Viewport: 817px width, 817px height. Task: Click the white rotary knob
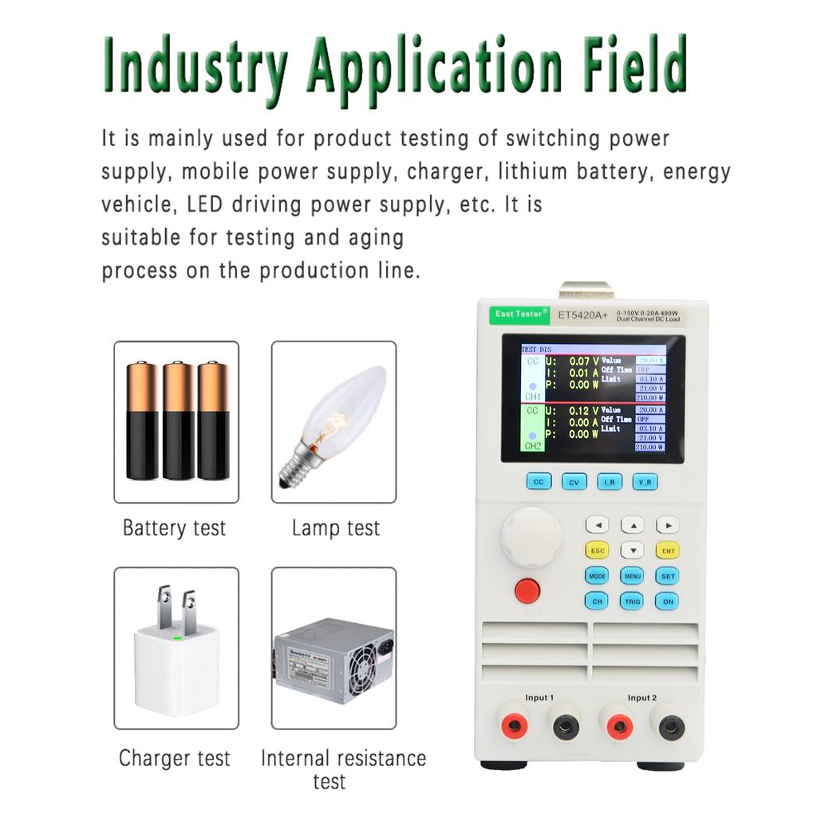click(x=525, y=534)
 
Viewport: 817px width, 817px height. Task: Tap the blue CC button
click(x=539, y=482)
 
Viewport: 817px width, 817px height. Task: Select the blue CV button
click(x=574, y=482)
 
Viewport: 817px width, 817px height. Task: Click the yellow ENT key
click(x=667, y=551)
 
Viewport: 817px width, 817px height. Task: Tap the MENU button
click(x=632, y=575)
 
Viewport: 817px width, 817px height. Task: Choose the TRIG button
click(x=632, y=602)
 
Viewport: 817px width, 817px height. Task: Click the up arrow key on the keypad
click(x=632, y=525)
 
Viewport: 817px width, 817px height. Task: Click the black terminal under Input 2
click(x=669, y=725)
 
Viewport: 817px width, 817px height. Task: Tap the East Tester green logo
click(x=519, y=314)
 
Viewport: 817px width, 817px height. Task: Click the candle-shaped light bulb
click(x=335, y=423)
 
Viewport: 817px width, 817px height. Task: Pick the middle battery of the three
click(x=178, y=420)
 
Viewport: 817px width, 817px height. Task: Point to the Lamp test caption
click(x=335, y=527)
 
